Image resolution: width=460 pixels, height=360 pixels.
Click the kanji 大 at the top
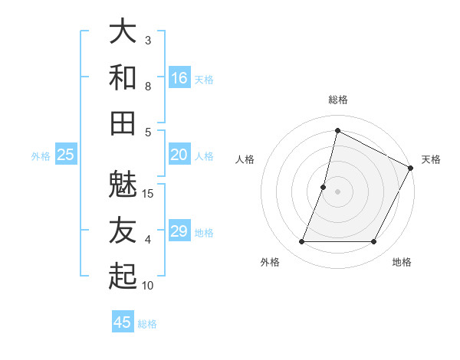pos(123,31)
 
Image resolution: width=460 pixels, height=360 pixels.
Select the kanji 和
pos(123,77)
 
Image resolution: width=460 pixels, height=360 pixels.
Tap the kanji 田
pos(123,123)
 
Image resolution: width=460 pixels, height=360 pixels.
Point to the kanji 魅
pos(123,185)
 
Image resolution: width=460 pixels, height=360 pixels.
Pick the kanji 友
pos(123,231)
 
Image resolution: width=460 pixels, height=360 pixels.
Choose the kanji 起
pos(123,277)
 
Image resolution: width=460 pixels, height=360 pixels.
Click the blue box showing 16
pos(179,78)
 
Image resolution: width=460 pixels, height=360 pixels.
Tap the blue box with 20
pos(179,155)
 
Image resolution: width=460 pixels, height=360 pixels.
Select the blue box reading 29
pos(179,232)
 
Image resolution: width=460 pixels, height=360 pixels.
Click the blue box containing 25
pos(66,155)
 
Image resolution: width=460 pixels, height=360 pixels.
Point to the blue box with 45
pos(123,322)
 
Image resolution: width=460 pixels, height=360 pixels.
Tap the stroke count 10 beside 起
pos(148,286)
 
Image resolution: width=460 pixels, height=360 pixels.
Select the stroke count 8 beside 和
pos(148,87)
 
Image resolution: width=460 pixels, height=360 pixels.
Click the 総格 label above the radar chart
pos(338,100)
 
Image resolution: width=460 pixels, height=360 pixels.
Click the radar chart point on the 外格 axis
pos(301,242)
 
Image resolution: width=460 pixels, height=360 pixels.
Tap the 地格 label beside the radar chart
pos(402,263)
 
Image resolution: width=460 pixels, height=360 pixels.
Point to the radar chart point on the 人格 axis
pos(324,187)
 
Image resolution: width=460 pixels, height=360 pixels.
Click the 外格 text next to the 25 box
pos(41,156)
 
